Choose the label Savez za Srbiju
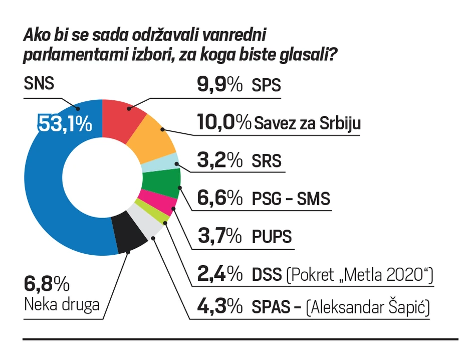pyautogui.click(x=307, y=123)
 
